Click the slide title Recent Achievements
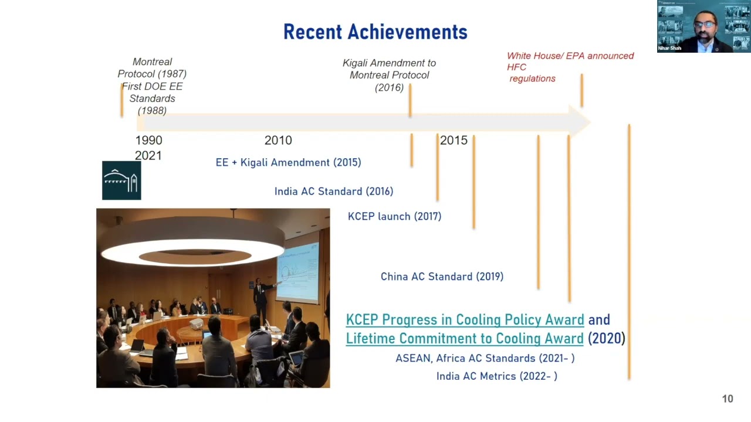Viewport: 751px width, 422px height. coord(375,32)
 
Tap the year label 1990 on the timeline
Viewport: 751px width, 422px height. coord(148,141)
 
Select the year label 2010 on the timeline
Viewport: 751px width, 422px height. coord(278,141)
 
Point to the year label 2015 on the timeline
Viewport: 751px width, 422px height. coord(454,141)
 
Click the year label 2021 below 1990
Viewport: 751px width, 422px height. coord(148,156)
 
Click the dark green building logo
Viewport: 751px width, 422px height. coord(121,181)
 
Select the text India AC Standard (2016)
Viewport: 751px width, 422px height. coord(334,192)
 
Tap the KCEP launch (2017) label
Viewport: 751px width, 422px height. coord(394,217)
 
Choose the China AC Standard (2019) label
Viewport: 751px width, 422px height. coord(442,277)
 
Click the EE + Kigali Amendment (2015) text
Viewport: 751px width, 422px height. coord(288,163)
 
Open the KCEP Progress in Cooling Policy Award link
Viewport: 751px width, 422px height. coord(465,320)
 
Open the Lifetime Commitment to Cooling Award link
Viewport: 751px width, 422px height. coord(465,339)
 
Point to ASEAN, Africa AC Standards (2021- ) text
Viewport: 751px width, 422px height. coord(485,358)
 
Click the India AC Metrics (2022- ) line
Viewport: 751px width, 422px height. coord(496,376)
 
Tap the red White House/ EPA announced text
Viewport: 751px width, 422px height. coord(570,56)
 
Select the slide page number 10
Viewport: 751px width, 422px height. coord(728,399)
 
